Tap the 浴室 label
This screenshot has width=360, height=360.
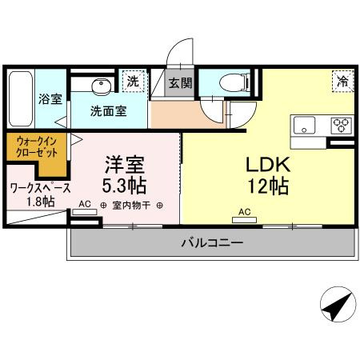tap(50, 100)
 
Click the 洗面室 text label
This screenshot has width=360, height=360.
tap(108, 111)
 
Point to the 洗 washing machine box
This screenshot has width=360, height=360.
tap(133, 81)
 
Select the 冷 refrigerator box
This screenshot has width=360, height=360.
tap(342, 81)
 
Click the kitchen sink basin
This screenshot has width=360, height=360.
tap(306, 126)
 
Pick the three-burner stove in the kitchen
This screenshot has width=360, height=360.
tap(342, 126)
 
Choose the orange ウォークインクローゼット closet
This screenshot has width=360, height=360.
tap(35, 152)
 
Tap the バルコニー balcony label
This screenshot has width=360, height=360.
tap(211, 242)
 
